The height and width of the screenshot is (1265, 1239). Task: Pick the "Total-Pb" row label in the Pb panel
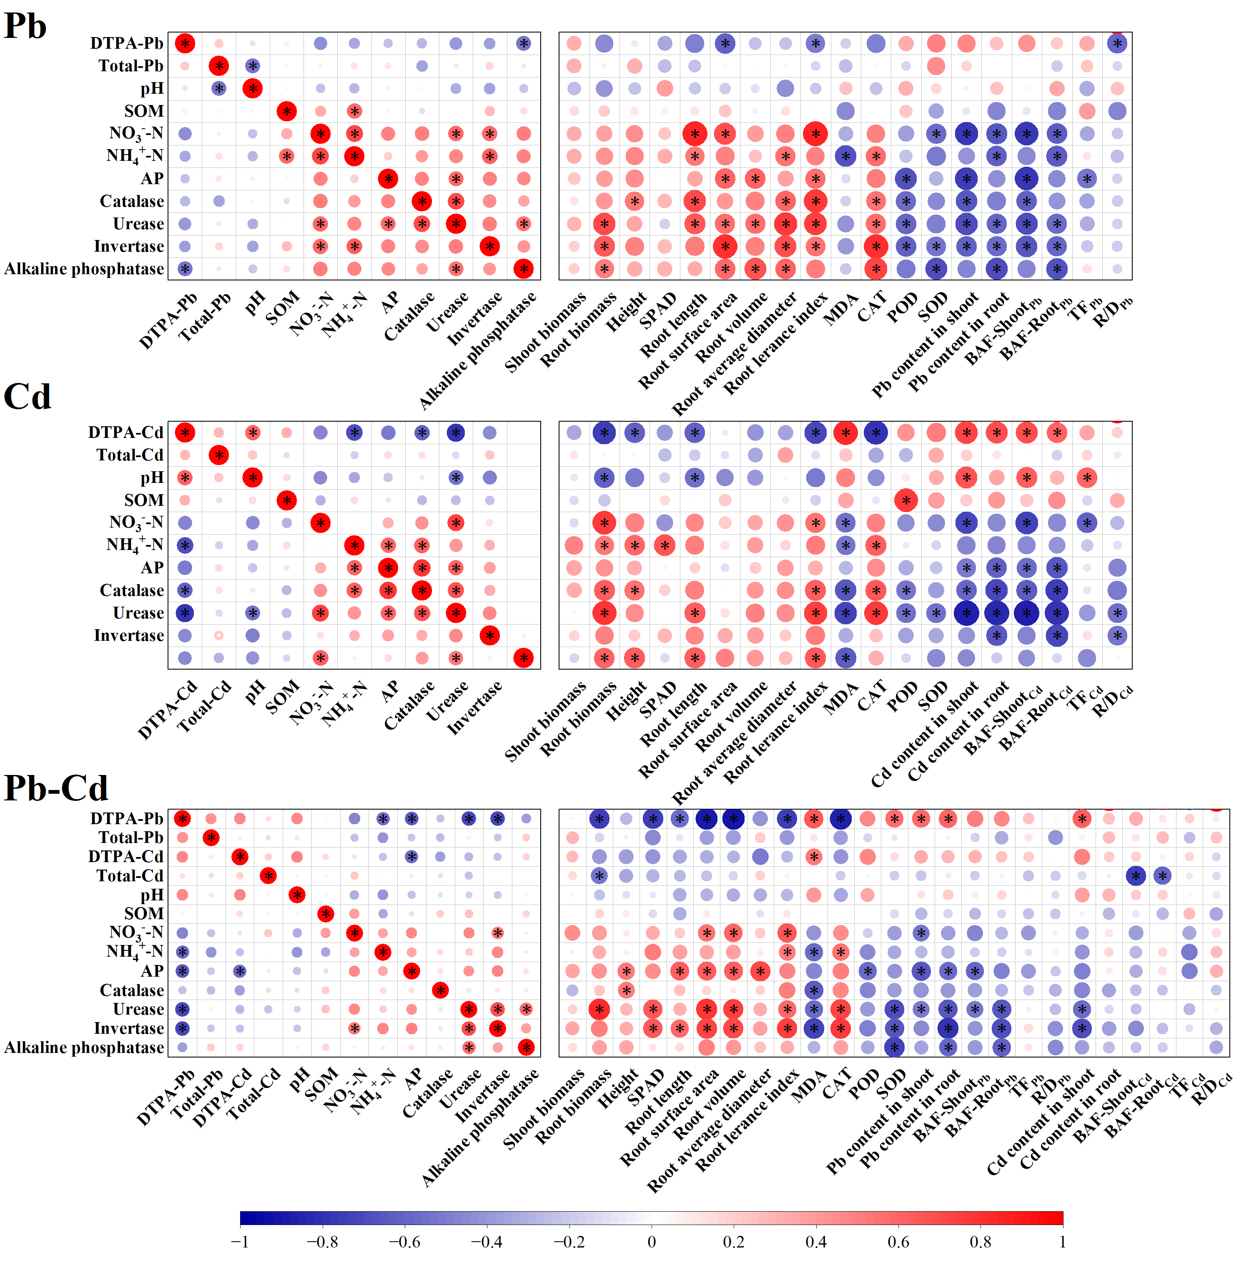(131, 66)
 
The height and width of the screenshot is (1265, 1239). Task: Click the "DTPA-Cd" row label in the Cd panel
(125, 432)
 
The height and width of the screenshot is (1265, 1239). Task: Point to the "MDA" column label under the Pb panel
(841, 309)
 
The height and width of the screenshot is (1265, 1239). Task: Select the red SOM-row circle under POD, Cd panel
(906, 500)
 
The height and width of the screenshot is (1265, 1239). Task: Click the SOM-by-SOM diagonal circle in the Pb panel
(286, 111)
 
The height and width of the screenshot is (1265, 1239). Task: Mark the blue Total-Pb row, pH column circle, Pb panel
(253, 66)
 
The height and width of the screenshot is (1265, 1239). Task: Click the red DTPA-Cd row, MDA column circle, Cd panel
(845, 432)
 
